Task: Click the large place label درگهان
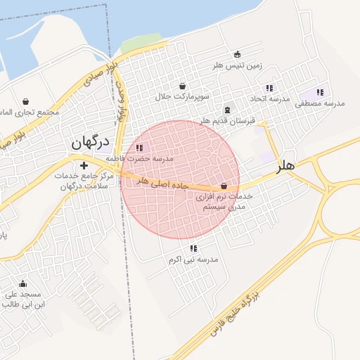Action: (x=90, y=142)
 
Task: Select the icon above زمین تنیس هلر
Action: (x=237, y=54)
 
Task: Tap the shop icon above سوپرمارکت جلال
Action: (x=183, y=86)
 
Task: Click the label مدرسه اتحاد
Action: (x=270, y=99)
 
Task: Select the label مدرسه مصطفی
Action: (x=319, y=103)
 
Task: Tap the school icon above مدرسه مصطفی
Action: (x=320, y=92)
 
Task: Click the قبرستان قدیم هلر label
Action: (x=227, y=121)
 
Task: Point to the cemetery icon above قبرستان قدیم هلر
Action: (x=226, y=110)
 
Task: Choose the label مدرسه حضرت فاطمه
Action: (x=144, y=159)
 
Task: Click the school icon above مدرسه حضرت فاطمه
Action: (x=139, y=148)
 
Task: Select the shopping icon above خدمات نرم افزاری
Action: (x=224, y=186)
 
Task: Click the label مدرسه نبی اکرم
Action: (x=193, y=259)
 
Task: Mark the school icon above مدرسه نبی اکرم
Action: (x=193, y=248)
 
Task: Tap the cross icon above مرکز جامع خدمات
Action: (x=84, y=165)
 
